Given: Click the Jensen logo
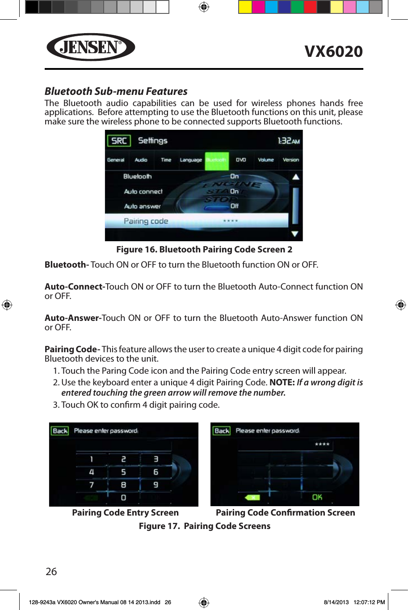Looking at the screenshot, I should click(x=91, y=47).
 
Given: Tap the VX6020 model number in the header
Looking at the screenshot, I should click(x=333, y=51).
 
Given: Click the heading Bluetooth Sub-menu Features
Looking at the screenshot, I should click(x=116, y=91).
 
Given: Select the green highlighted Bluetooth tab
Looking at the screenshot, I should click(x=216, y=160).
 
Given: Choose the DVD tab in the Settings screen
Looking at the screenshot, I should click(x=241, y=160).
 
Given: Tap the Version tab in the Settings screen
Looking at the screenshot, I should click(x=290, y=160).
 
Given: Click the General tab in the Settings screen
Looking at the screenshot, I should click(x=116, y=160).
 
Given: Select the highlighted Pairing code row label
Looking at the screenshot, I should click(x=146, y=221).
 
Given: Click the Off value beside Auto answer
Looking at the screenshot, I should click(x=234, y=206).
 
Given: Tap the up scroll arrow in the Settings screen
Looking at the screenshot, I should click(x=295, y=177).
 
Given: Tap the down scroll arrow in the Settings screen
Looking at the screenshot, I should click(x=295, y=234).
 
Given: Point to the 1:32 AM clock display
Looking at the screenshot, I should click(x=288, y=141).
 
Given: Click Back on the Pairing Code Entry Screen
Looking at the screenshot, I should click(x=60, y=431).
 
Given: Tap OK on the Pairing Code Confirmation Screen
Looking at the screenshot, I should click(x=317, y=497).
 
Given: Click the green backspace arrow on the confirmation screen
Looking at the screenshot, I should click(x=252, y=497).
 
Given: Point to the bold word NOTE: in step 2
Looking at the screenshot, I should click(x=282, y=383).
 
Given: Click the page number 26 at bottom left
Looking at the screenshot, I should click(x=51, y=572).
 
